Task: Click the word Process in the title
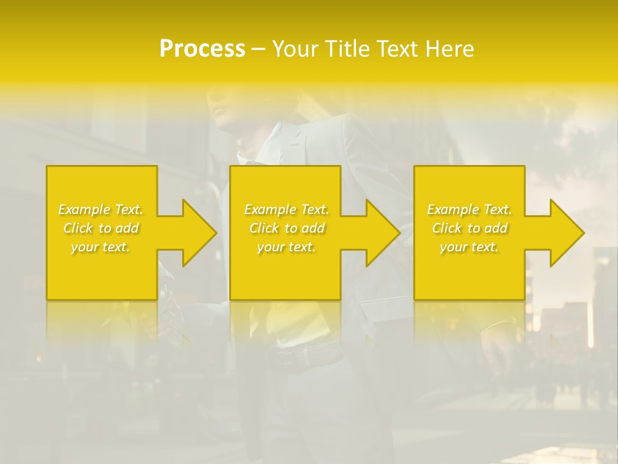coord(202,49)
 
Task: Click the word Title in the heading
coord(346,49)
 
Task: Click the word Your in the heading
coord(295,49)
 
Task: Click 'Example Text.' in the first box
coord(101,209)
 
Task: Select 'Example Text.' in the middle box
coord(286,209)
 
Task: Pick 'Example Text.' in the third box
coord(469,209)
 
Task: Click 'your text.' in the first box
coord(101,247)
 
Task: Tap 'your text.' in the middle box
coord(286,247)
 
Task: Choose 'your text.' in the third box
coord(469,247)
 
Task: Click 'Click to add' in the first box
coord(101,228)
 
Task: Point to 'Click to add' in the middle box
coord(286,228)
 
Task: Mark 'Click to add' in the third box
coord(469,228)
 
